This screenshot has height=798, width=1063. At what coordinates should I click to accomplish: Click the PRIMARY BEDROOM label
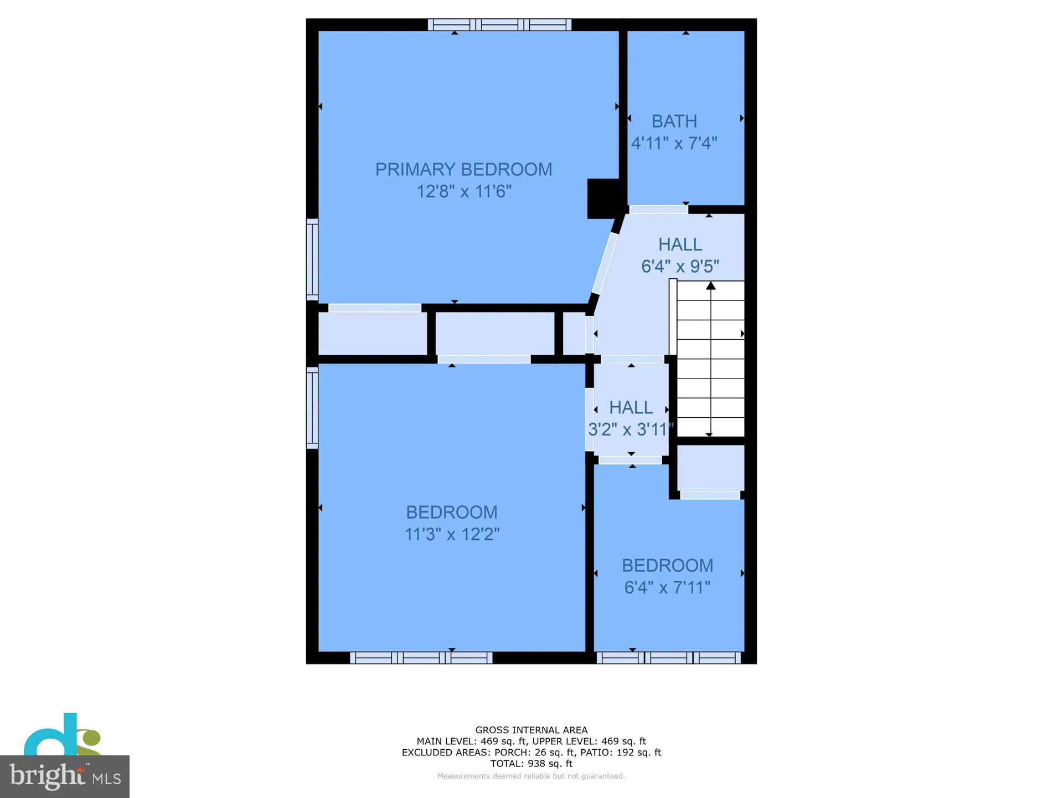(x=463, y=170)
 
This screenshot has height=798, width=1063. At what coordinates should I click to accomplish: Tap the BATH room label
(x=674, y=121)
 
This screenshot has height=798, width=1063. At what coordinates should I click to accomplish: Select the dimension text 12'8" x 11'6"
(x=463, y=192)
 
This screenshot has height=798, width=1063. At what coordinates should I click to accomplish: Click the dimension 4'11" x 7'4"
(x=674, y=144)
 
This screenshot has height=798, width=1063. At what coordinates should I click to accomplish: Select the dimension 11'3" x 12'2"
(x=452, y=534)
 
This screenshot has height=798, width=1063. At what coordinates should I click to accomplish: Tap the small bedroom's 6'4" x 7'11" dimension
(x=667, y=587)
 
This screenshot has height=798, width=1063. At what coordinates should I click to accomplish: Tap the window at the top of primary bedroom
(x=499, y=24)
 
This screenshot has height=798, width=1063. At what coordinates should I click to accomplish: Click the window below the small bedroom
(x=668, y=658)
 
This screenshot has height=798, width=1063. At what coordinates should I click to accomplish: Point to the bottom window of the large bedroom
(x=421, y=658)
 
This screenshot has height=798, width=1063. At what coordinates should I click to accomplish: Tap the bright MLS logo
(x=65, y=776)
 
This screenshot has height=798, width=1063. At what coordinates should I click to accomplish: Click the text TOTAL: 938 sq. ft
(x=531, y=764)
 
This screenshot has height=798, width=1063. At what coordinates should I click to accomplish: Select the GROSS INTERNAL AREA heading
(x=531, y=730)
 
